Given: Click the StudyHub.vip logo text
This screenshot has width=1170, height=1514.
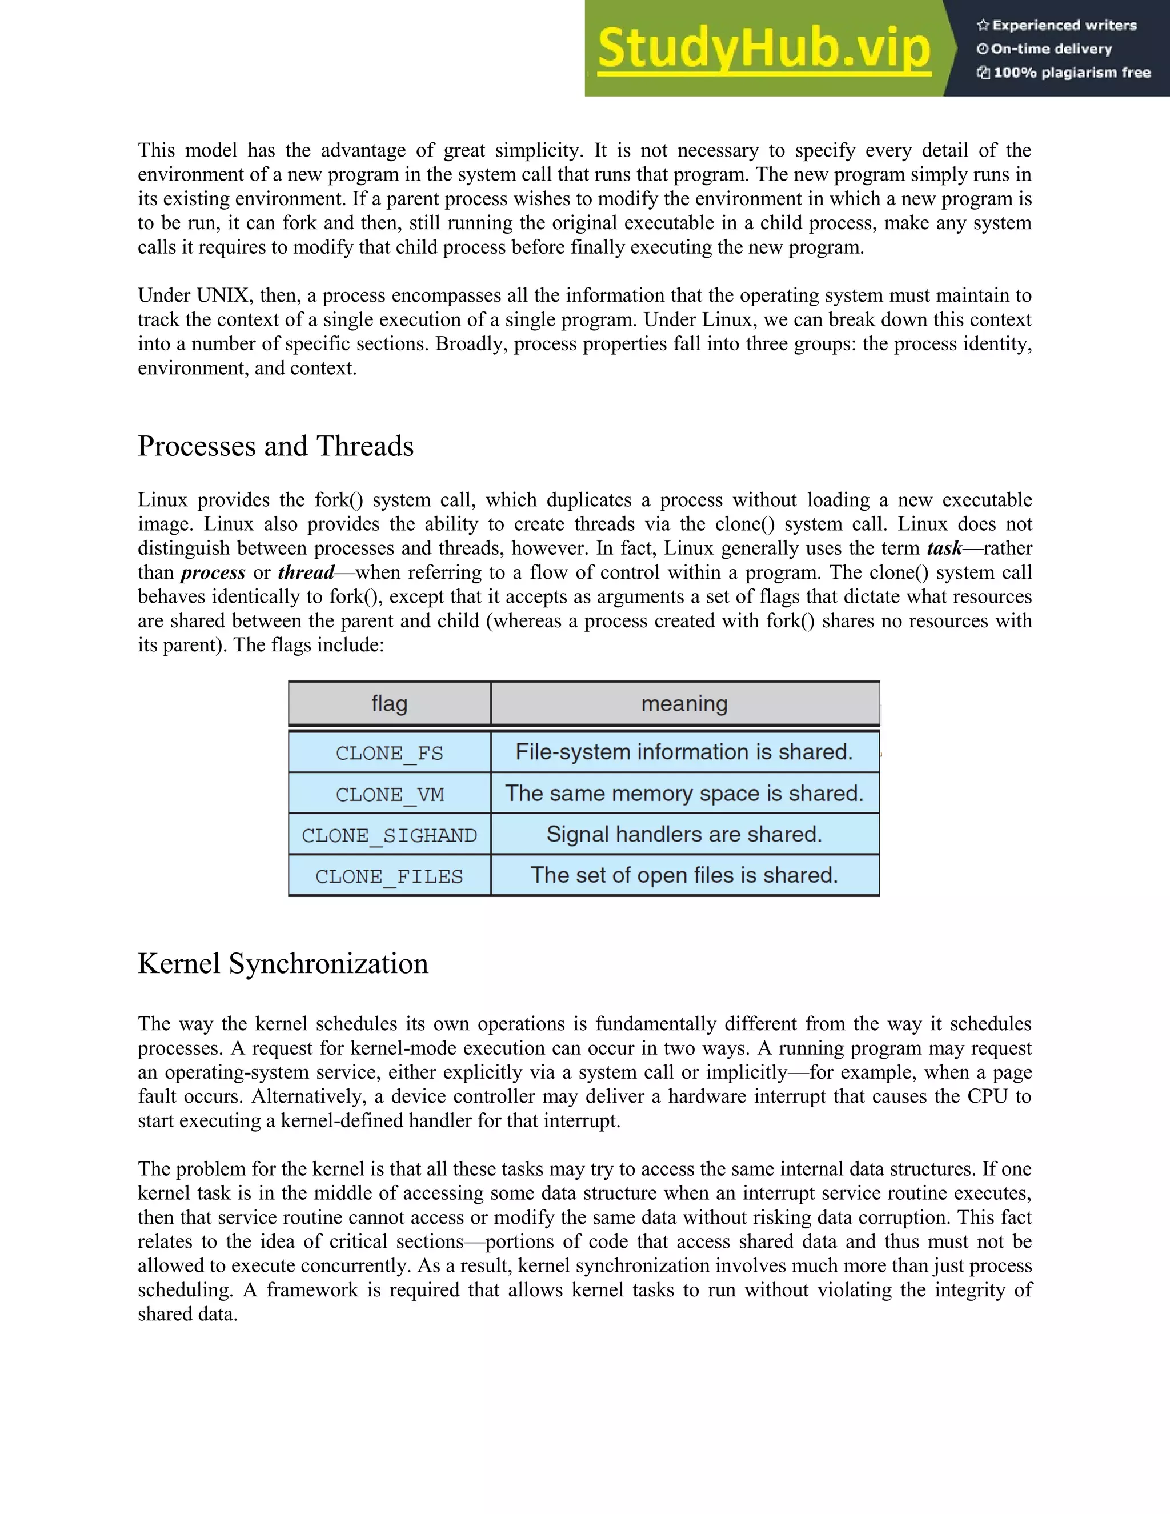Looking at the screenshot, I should [x=763, y=49].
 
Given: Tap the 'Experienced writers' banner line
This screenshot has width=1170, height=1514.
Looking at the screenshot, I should [x=1057, y=26].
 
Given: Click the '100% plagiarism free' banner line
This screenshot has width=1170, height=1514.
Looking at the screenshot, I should [x=1064, y=73].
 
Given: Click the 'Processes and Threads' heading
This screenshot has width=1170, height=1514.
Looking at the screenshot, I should [x=275, y=446].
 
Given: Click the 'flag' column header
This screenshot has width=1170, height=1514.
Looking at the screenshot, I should [x=390, y=704].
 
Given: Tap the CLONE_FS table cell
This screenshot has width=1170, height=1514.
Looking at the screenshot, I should [x=390, y=753].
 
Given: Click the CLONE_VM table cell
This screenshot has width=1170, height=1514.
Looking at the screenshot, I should [x=390, y=794].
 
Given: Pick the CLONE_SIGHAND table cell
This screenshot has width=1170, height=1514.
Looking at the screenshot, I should [x=390, y=835].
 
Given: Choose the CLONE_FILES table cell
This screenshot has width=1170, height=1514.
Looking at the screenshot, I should [x=390, y=875].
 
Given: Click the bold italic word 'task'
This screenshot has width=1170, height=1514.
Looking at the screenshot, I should [x=944, y=548].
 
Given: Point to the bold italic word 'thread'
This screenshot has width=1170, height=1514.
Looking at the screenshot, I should [x=306, y=572].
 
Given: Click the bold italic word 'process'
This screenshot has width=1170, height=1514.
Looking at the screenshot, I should [x=213, y=572].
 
